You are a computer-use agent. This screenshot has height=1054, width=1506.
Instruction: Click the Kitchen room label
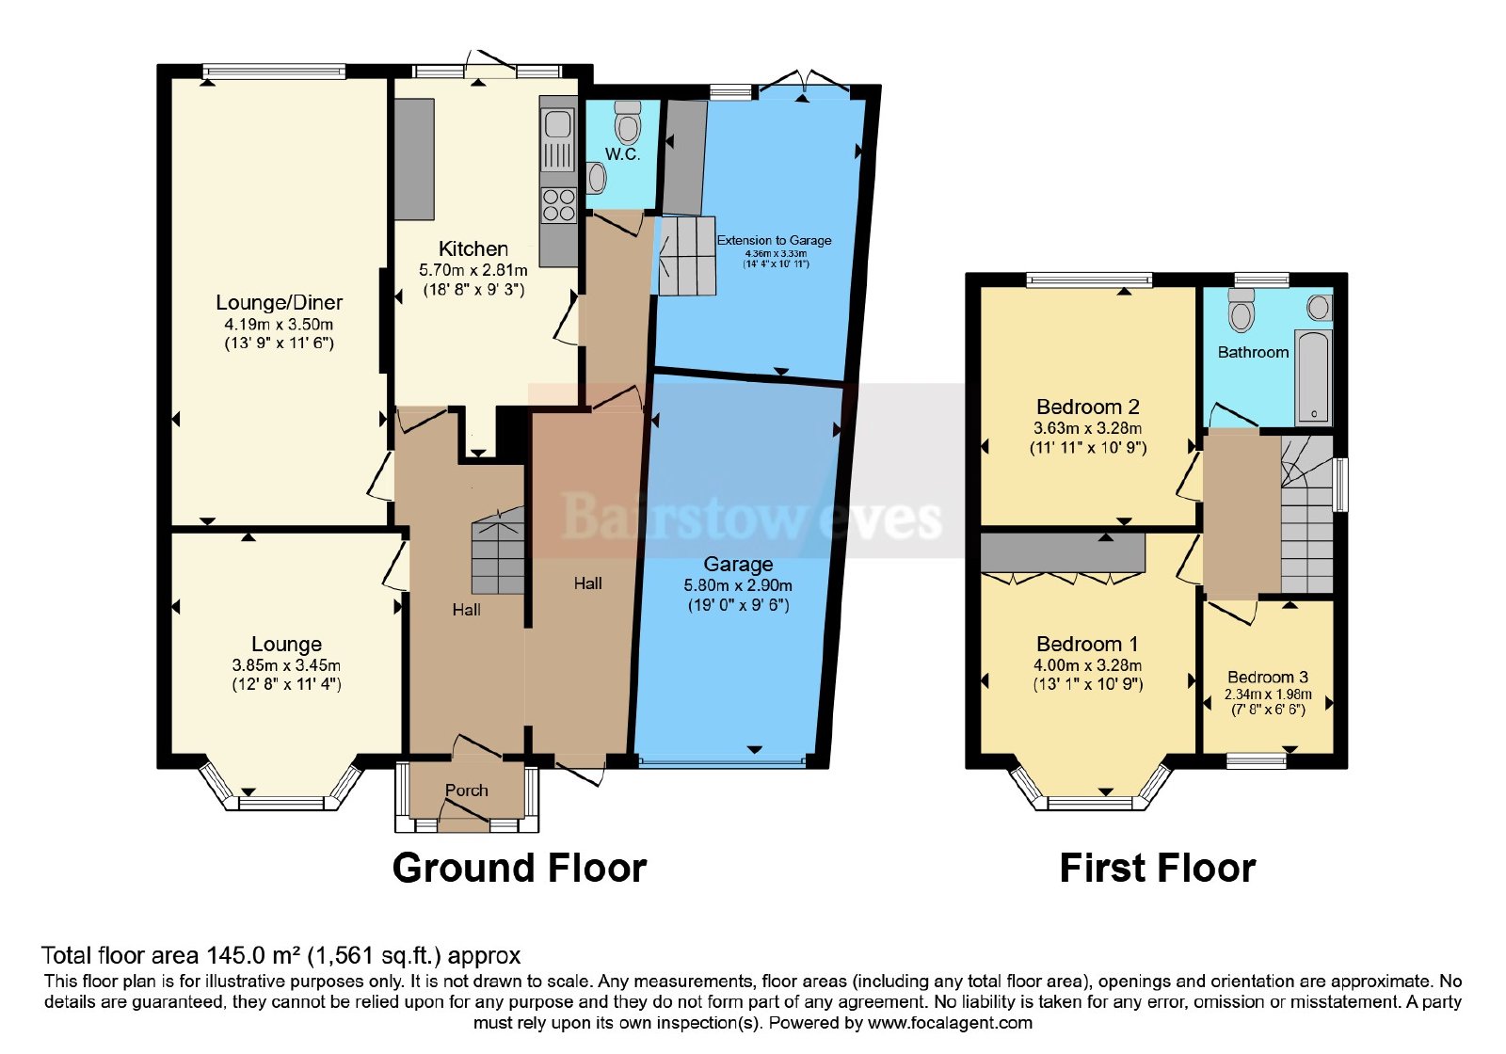click(x=473, y=248)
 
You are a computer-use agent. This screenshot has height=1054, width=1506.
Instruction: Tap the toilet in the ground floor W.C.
click(x=628, y=121)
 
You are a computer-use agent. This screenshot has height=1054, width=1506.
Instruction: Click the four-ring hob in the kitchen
click(x=559, y=205)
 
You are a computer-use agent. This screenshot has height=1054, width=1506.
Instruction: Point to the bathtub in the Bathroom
click(x=1314, y=376)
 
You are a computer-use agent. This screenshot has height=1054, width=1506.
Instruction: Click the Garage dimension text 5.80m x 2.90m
click(x=738, y=585)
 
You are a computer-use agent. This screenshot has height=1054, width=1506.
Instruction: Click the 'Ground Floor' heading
click(x=519, y=868)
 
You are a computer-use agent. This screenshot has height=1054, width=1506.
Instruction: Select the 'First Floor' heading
click(x=1157, y=868)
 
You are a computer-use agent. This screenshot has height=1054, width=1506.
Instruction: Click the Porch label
click(x=467, y=790)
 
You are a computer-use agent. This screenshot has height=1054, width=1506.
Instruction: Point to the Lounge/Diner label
click(x=279, y=302)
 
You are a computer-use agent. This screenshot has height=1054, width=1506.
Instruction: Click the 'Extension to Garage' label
click(x=774, y=240)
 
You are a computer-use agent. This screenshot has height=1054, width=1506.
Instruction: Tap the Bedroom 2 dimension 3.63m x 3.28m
click(x=1087, y=428)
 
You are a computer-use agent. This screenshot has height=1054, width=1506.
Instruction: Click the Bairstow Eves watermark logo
click(x=751, y=518)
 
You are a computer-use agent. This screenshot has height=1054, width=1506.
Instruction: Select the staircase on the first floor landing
click(x=1307, y=514)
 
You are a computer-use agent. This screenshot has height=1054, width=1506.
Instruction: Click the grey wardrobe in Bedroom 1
click(x=1063, y=553)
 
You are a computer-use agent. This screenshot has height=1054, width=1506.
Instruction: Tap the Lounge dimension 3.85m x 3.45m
click(x=286, y=665)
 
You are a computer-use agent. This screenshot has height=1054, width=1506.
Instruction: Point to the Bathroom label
click(x=1253, y=352)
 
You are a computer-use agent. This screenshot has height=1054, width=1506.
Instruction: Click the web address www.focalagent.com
click(x=950, y=1023)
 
